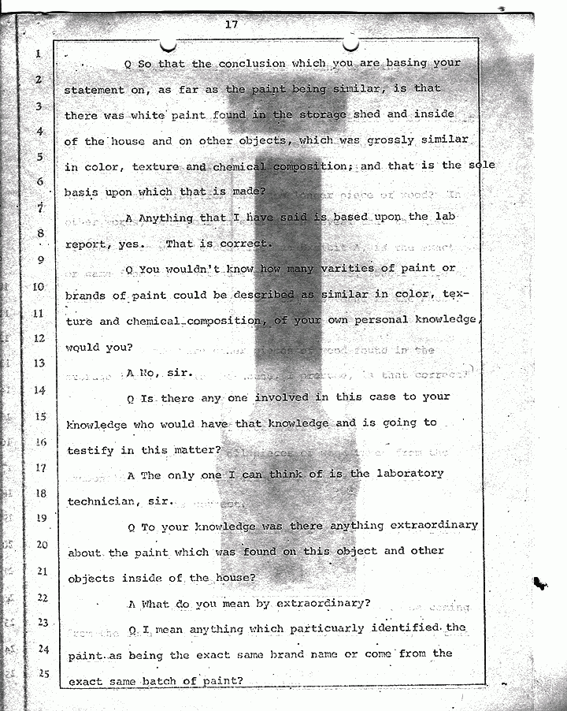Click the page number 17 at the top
coord(231,24)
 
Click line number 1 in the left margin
coord(37,54)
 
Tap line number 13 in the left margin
coord(38,363)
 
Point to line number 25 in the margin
coord(43,674)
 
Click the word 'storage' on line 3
coord(321,114)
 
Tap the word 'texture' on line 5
coord(157,167)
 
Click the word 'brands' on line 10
coord(87,294)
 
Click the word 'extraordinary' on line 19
coord(433,525)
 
